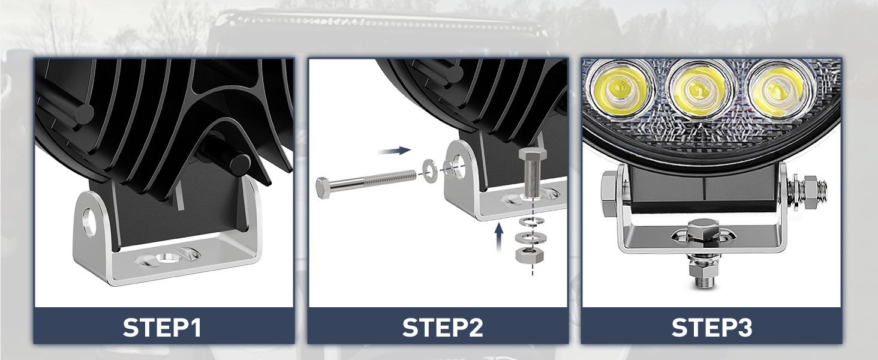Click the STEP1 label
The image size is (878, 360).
(163, 328)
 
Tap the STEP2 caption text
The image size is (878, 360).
(443, 328)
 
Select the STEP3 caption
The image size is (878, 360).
(712, 328)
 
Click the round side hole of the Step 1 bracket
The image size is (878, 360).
(89, 223)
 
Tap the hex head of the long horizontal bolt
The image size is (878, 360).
(324, 188)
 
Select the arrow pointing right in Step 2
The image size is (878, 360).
(394, 151)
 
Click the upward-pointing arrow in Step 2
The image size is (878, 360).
(498, 237)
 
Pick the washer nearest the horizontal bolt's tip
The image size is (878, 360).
(431, 169)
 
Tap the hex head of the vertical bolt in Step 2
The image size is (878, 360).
(533, 154)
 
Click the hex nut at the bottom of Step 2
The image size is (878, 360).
(529, 256)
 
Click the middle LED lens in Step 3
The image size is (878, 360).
(700, 89)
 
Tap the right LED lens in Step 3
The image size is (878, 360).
(778, 89)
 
